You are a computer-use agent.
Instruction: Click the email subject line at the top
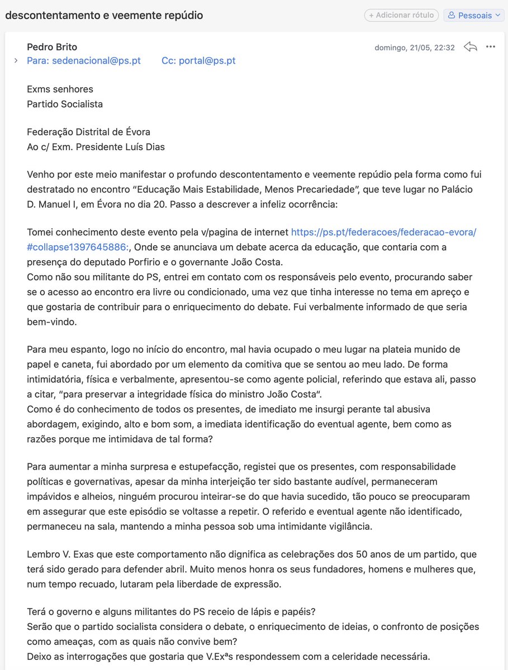pyautogui.click(x=104, y=16)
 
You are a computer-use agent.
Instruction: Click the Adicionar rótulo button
pyautogui.click(x=401, y=16)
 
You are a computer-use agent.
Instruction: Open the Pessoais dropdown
pyautogui.click(x=473, y=16)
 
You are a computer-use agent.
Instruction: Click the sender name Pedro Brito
pyautogui.click(x=52, y=47)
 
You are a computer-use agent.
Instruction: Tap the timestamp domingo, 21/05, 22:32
pyautogui.click(x=414, y=47)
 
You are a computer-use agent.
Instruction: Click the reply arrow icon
pyautogui.click(x=470, y=47)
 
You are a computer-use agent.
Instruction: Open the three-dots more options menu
pyautogui.click(x=491, y=47)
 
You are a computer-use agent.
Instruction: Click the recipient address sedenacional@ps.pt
pyautogui.click(x=96, y=61)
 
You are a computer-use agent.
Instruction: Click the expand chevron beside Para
pyautogui.click(x=16, y=61)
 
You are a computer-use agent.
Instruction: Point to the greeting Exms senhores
pyautogui.click(x=60, y=89)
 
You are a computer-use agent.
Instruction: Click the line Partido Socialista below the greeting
pyautogui.click(x=65, y=104)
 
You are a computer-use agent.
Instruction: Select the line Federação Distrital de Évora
pyautogui.click(x=88, y=132)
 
